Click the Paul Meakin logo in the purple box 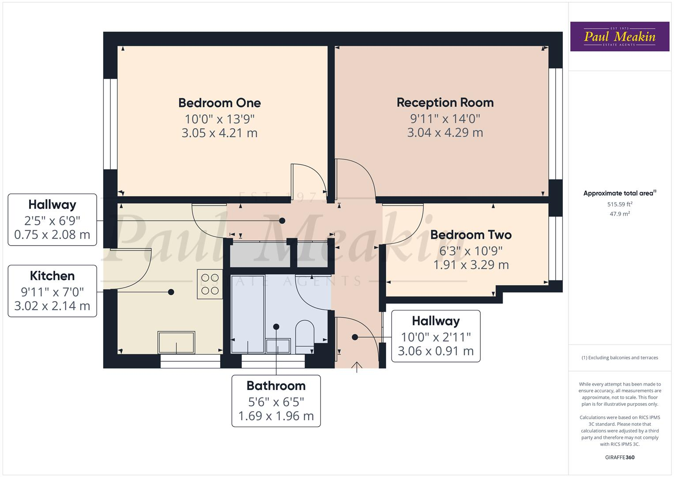[619, 37]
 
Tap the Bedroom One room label [219, 103]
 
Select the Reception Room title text [445, 102]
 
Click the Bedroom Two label [471, 235]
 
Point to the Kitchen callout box [52, 291]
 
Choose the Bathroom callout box [276, 401]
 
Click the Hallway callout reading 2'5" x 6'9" [52, 220]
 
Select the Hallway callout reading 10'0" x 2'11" [436, 336]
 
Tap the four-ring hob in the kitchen [210, 284]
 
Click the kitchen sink [176, 343]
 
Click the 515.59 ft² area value [619, 204]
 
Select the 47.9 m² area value [619, 214]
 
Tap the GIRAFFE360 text [619, 457]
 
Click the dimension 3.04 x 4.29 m [445, 132]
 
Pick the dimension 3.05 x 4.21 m [219, 133]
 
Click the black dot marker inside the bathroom [276, 327]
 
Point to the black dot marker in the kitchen [171, 292]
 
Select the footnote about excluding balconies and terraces [619, 358]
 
